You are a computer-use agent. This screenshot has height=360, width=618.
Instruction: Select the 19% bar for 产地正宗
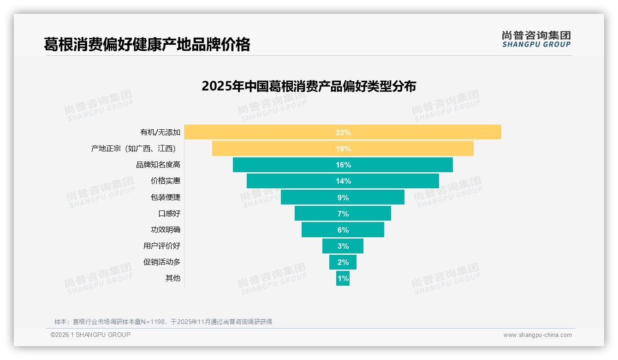tap(277, 149)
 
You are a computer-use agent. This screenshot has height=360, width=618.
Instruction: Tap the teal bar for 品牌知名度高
tap(286, 165)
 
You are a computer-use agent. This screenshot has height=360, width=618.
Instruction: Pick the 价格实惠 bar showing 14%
tap(295, 181)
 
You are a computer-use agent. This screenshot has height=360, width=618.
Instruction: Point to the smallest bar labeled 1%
tap(343, 278)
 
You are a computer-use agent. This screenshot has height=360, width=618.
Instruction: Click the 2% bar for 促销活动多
tap(343, 262)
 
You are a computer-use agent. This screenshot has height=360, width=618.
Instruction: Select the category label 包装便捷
tap(166, 197)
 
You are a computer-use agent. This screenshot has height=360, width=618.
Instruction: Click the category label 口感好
tap(169, 214)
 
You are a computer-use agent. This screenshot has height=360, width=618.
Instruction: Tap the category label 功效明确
tap(166, 230)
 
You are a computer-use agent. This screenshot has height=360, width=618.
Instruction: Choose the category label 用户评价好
tap(162, 246)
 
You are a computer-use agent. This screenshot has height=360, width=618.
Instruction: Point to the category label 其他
tap(173, 278)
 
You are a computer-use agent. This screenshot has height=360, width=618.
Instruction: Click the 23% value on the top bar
tap(343, 132)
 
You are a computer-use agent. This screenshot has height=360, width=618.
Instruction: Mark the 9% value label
tap(343, 198)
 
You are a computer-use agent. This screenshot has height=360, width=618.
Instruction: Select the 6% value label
tap(343, 230)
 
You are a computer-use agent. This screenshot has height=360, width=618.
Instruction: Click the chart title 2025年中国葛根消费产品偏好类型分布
tap(309, 86)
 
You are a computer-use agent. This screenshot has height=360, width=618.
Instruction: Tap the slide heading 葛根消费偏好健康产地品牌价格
tap(147, 44)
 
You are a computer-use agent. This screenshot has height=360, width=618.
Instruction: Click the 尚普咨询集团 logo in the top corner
tap(536, 39)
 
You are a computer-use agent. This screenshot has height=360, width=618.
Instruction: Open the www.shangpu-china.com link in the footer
tap(537, 335)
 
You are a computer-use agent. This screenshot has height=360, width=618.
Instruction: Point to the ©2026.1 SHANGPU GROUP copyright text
tap(90, 335)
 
